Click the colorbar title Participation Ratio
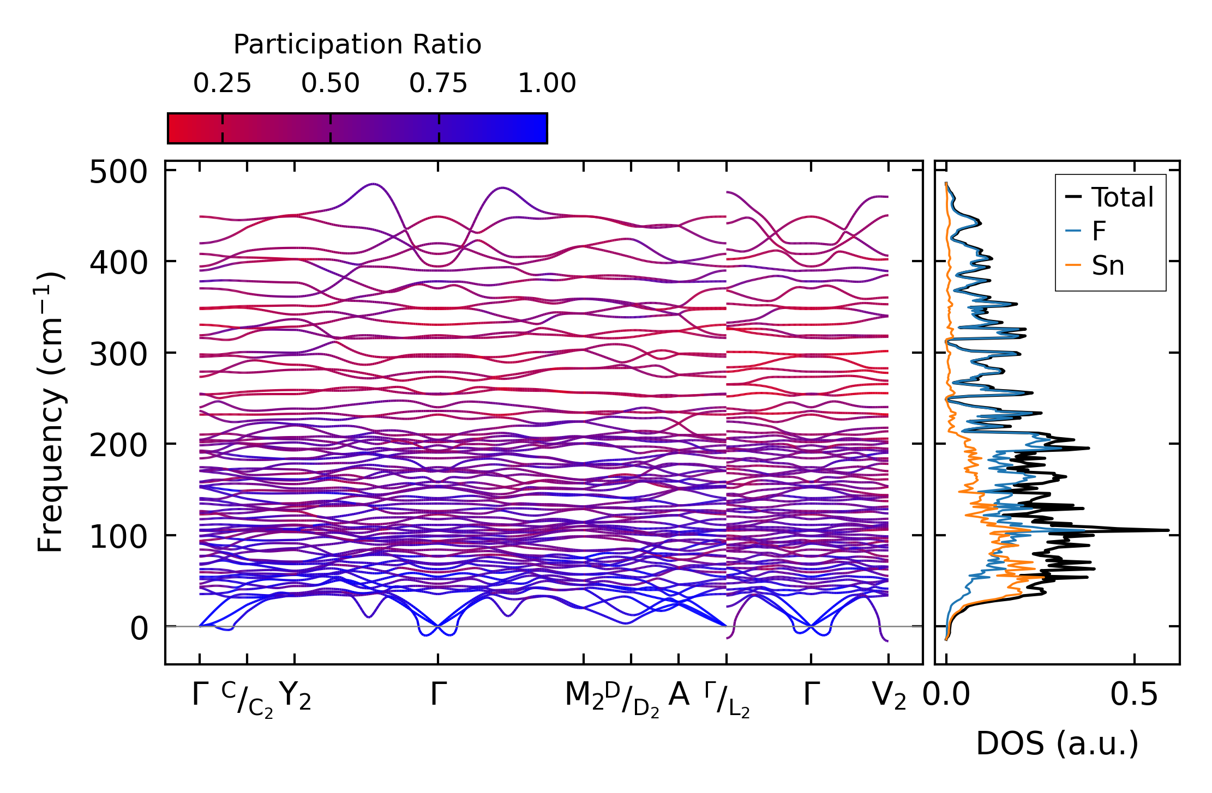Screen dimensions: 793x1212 click(357, 45)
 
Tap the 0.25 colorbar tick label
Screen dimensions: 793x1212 click(222, 84)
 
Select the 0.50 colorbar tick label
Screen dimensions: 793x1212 click(330, 84)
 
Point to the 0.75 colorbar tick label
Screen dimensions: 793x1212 click(439, 84)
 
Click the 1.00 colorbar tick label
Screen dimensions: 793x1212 click(547, 84)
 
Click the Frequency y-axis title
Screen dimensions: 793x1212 click(51, 412)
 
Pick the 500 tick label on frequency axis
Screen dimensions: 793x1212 click(118, 173)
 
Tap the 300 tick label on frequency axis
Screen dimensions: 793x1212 click(118, 355)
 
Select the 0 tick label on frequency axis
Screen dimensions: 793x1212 click(139, 629)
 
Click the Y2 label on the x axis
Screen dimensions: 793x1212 click(295, 697)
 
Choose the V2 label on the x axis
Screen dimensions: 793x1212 click(889, 697)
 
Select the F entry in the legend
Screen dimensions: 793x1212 click(1099, 232)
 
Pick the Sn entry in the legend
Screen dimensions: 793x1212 click(1107, 266)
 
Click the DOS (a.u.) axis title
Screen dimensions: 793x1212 click(1057, 744)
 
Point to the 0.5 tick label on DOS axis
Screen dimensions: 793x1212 click(1134, 695)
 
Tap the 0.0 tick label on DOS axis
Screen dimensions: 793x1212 click(946, 695)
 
